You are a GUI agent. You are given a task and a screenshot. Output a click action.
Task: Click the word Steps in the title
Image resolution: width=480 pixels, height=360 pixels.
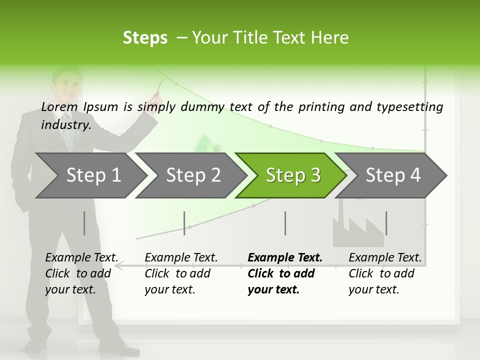click(145, 38)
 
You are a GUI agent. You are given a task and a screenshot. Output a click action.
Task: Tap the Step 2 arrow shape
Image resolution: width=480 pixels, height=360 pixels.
click(190, 175)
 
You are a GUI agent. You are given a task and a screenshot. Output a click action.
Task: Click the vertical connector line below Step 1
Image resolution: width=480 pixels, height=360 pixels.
click(84, 223)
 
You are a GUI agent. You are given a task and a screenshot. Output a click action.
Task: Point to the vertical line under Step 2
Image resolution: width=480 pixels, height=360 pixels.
click(184, 223)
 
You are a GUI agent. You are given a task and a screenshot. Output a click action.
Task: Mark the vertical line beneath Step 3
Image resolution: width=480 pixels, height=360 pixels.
click(285, 223)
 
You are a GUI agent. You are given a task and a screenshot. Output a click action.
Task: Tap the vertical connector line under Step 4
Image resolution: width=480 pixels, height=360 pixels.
click(386, 223)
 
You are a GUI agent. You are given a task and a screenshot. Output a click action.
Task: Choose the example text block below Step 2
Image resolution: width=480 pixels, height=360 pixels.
click(181, 273)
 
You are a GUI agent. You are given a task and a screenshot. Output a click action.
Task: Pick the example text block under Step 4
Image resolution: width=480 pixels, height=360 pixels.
click(385, 273)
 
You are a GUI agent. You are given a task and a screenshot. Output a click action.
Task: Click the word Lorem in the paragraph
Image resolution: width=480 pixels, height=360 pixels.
click(59, 106)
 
